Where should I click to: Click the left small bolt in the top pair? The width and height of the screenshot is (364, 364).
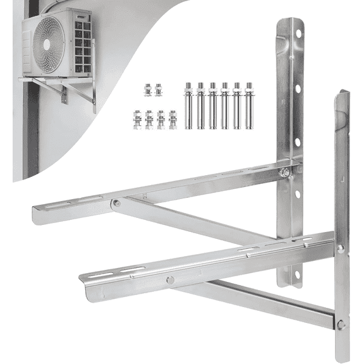pyautogui.click(x=147, y=90)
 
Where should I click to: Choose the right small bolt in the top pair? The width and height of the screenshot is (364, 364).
pyautogui.click(x=158, y=90)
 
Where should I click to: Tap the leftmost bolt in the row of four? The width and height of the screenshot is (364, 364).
pyautogui.click(x=137, y=119)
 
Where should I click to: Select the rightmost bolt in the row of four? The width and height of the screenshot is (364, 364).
pyautogui.click(x=173, y=119)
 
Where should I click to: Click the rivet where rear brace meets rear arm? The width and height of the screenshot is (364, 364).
pyautogui.click(x=116, y=203)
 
